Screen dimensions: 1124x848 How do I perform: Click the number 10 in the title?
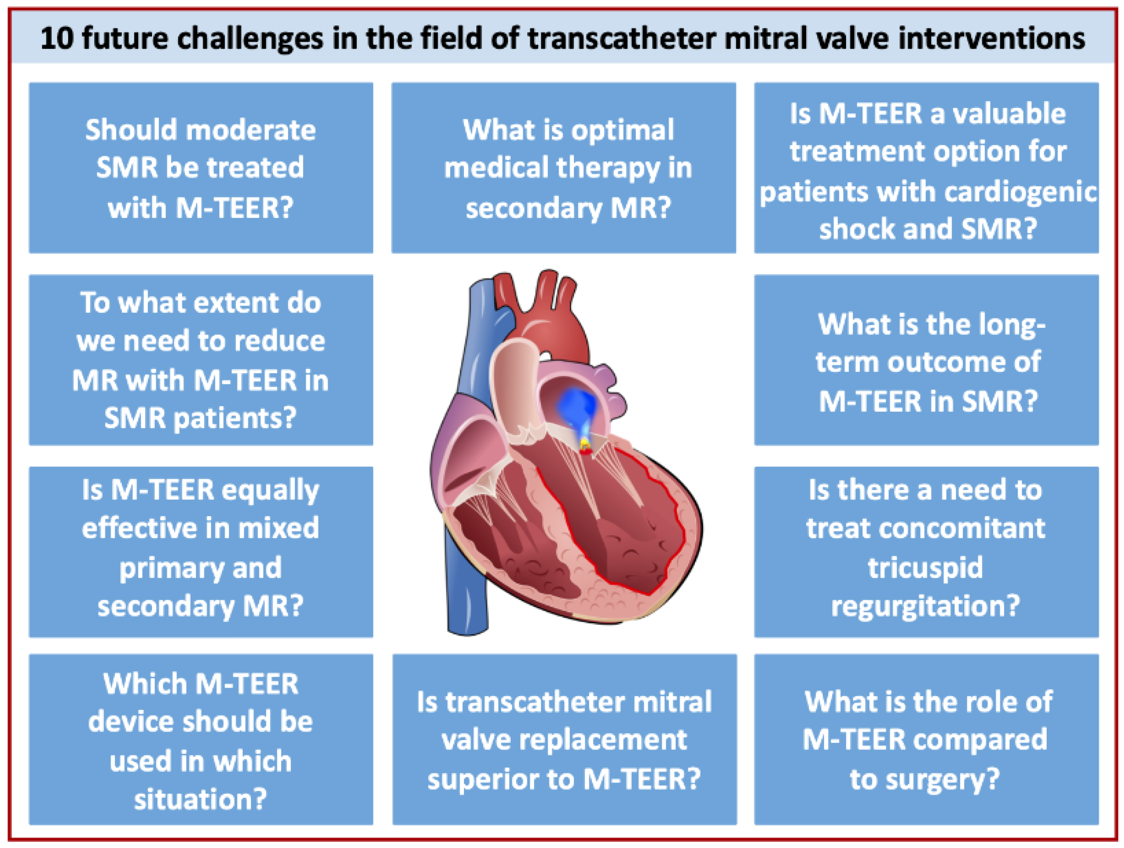(57, 39)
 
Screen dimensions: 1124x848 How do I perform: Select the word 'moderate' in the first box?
(251, 130)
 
